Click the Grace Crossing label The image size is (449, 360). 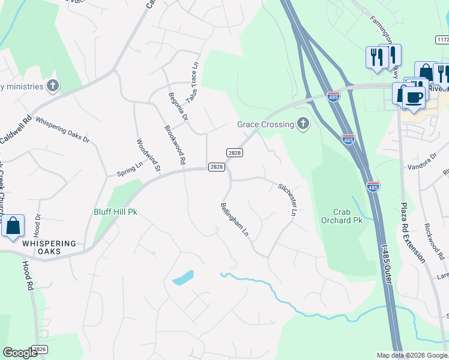click(x=265, y=124)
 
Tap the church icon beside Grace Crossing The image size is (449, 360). click(x=303, y=124)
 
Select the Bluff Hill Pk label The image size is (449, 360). click(x=115, y=212)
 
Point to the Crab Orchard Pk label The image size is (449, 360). click(x=349, y=216)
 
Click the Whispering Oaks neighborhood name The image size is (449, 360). click(x=49, y=247)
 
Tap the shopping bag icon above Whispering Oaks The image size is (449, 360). click(x=13, y=227)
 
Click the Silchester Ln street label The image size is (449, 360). click(x=288, y=200)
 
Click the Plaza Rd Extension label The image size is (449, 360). click(x=412, y=232)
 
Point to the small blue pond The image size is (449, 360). click(x=183, y=278)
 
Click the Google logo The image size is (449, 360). click(x=21, y=353)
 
